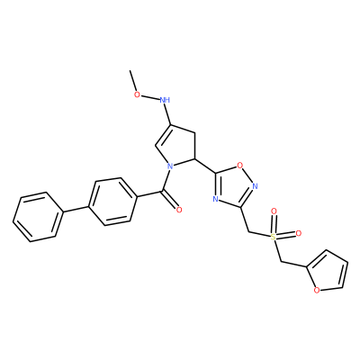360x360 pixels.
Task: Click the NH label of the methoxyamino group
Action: click(x=165, y=100)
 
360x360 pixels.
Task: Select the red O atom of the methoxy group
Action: click(x=137, y=94)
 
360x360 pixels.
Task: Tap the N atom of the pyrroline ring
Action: click(x=170, y=166)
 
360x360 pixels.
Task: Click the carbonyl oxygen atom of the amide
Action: click(x=179, y=210)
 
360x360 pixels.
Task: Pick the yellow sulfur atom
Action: click(x=273, y=237)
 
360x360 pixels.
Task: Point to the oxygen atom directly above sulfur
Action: click(x=274, y=211)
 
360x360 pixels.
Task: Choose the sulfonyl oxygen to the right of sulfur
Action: click(x=298, y=233)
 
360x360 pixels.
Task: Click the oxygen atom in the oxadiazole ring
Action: click(x=239, y=165)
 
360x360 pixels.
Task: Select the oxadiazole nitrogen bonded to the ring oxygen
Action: click(x=256, y=186)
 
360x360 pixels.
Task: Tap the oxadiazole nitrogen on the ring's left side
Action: click(x=215, y=199)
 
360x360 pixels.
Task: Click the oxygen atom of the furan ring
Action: click(x=316, y=290)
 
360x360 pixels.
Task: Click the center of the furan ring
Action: click(x=327, y=271)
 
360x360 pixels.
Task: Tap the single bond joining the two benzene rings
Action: click(x=76, y=210)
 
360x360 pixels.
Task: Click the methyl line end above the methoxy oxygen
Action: click(x=130, y=71)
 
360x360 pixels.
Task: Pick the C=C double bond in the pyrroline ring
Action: click(x=163, y=136)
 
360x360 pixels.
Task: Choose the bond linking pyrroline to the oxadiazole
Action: click(x=205, y=166)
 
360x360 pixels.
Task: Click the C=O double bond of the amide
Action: click(x=170, y=199)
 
